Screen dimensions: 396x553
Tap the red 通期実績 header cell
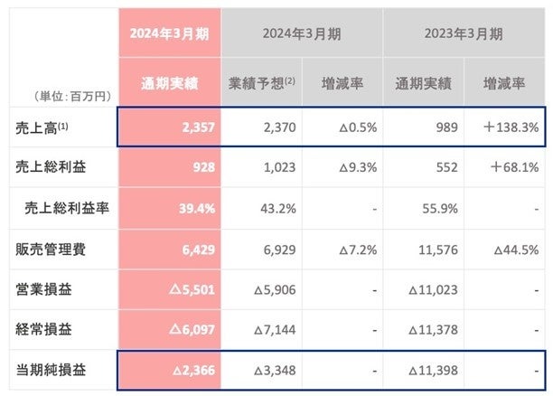pyautogui.click(x=171, y=86)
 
